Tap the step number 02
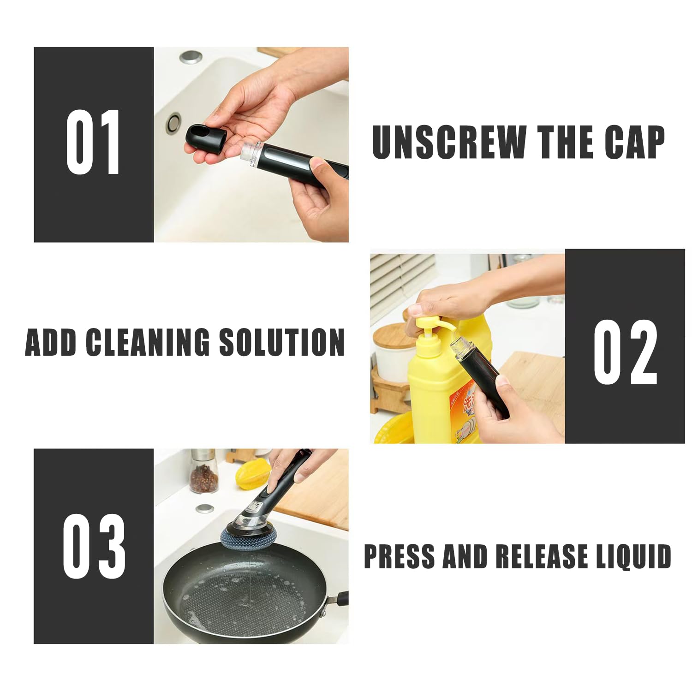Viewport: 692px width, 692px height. pos(625,352)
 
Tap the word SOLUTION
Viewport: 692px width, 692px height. pos(282,342)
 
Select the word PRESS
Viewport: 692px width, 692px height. pos(400,556)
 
